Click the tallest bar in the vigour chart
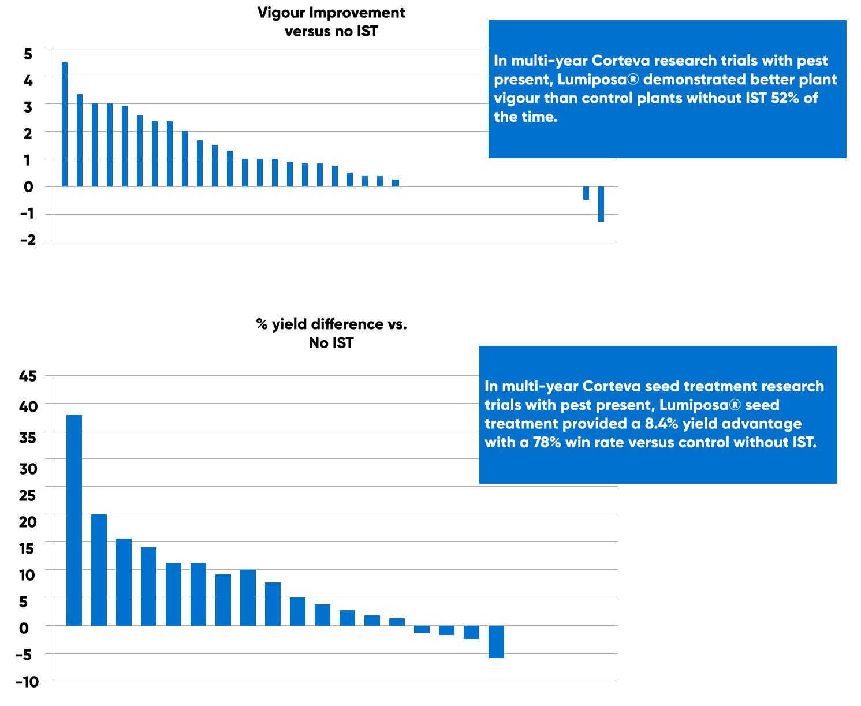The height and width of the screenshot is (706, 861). point(65,124)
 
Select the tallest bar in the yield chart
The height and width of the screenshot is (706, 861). point(74,520)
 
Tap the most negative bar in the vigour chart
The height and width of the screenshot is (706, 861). point(601,204)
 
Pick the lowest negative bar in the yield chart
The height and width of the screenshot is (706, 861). point(496,641)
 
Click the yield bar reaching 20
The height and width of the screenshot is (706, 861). point(99,569)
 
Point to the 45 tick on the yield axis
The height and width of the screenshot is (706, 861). point(28,376)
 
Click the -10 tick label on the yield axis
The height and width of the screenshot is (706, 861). point(27,682)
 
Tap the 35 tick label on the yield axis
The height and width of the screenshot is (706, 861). point(28,438)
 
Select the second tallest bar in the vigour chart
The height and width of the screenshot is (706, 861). point(80,140)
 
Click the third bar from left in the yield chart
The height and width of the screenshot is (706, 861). point(124,582)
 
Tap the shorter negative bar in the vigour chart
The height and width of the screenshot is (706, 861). point(586,193)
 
